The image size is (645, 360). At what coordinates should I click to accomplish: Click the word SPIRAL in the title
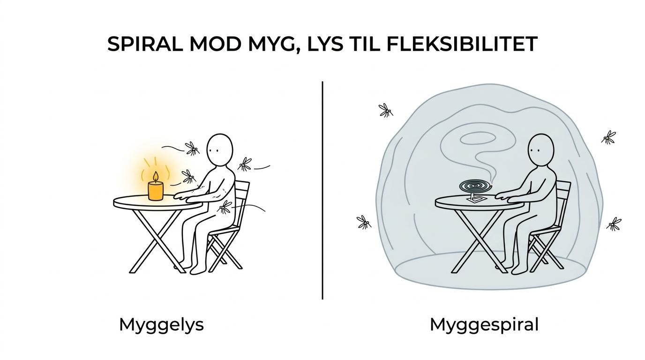point(145,44)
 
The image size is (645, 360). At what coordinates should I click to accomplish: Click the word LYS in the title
point(325,44)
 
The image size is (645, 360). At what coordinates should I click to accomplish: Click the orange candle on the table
point(156,191)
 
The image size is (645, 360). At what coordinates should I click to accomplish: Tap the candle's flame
point(156,177)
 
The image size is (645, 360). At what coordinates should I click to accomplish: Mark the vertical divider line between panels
point(322,190)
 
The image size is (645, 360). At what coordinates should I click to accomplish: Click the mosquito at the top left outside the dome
point(386,111)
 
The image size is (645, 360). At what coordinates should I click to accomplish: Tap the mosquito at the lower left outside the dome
point(364,222)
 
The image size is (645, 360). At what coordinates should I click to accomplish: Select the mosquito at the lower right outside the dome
point(614,224)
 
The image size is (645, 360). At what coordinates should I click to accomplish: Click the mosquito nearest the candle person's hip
point(225,207)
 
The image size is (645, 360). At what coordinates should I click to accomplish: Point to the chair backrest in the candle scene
point(241,202)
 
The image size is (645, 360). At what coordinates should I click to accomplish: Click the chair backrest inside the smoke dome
point(562,202)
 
